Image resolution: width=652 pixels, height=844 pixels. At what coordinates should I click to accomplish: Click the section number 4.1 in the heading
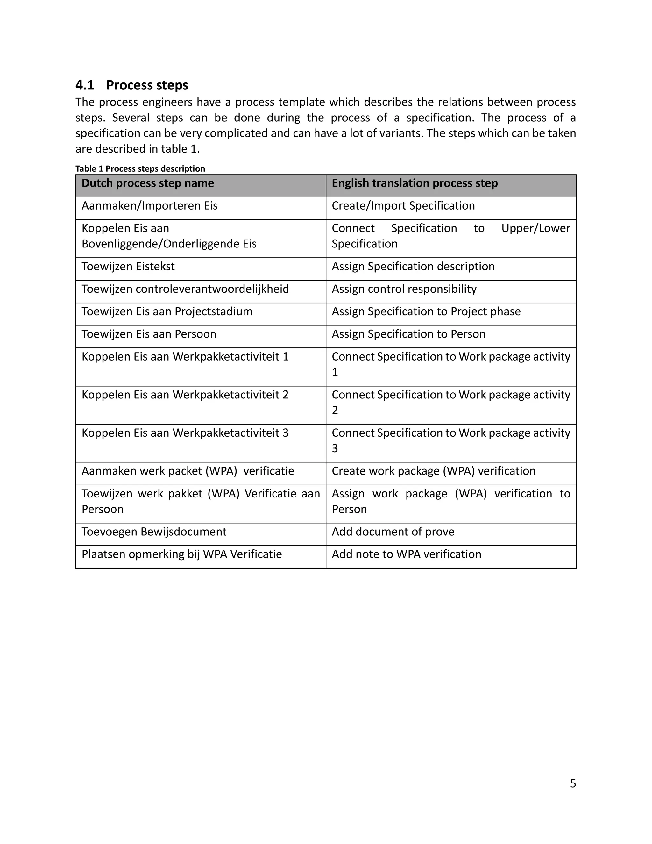pos(85,85)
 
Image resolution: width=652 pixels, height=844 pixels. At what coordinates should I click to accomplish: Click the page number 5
pos(573,783)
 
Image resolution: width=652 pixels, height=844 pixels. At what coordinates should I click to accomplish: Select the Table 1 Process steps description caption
pos(140,168)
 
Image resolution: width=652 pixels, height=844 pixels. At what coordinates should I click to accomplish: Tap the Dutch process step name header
pos(147,183)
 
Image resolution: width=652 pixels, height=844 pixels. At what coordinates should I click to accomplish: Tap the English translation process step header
pos(415,183)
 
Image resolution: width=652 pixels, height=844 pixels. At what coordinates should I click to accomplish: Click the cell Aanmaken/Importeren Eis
pos(150,206)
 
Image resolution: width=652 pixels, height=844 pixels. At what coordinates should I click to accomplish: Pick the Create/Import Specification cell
pos(403,206)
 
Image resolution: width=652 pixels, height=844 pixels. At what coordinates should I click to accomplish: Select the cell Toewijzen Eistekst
pos(128,266)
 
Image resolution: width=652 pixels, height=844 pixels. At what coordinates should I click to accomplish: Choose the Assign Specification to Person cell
pos(408,334)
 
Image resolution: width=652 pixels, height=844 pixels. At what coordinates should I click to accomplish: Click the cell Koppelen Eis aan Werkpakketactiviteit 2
pos(185,395)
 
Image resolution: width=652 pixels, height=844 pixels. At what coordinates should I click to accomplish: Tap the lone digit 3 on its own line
pos(335,448)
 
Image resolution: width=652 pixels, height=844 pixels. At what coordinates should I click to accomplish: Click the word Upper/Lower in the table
pos(535,228)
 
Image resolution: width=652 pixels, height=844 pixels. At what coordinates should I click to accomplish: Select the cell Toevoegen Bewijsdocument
pos(154,532)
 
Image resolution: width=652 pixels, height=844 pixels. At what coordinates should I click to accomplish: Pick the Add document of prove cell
pos(393,532)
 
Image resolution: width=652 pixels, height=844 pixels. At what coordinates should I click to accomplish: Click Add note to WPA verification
pos(406,554)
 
